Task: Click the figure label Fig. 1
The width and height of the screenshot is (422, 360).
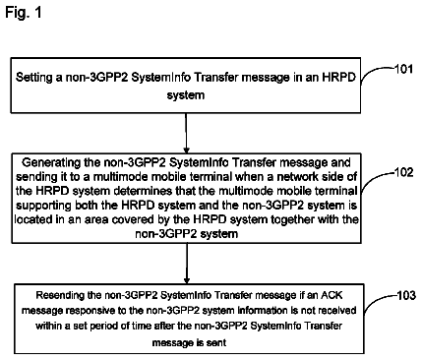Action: (x=24, y=13)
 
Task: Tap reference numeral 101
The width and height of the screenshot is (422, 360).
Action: (x=403, y=69)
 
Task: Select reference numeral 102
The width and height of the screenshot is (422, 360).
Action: (x=403, y=172)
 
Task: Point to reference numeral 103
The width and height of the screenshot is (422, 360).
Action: (x=406, y=295)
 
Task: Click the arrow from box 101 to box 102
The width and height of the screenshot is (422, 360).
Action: (x=186, y=133)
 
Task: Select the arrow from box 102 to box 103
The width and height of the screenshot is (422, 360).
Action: (x=187, y=264)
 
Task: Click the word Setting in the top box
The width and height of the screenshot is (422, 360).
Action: (x=34, y=78)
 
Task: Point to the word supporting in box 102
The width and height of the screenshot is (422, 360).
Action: (x=43, y=206)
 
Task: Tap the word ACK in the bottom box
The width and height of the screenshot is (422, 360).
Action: (x=332, y=295)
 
